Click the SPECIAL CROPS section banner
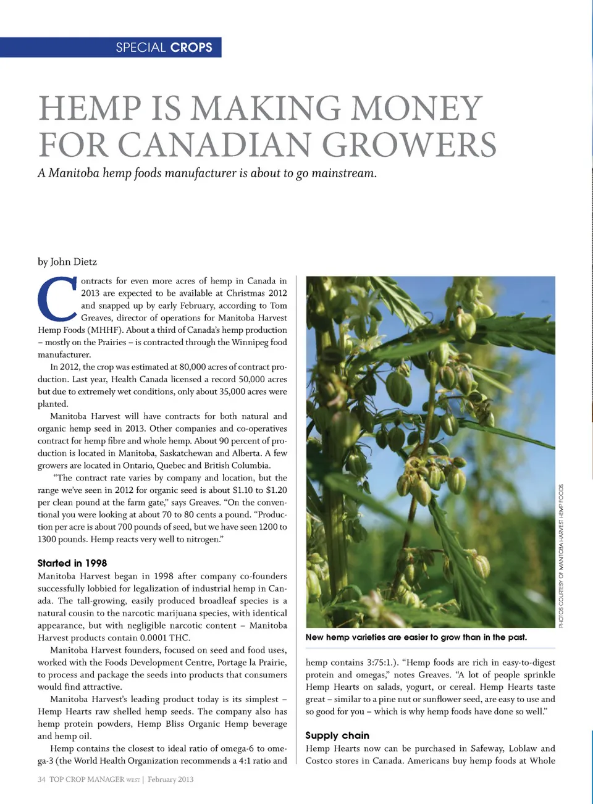[x=164, y=48]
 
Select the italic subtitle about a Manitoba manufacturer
[x=207, y=173]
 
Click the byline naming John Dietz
[x=67, y=262]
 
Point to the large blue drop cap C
[x=57, y=301]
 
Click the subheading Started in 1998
[x=72, y=563]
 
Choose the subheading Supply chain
[x=337, y=735]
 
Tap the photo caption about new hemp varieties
[x=416, y=637]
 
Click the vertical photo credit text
[x=561, y=556]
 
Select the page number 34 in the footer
[x=41, y=779]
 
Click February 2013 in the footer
[x=170, y=779]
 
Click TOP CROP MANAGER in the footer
[x=86, y=779]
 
